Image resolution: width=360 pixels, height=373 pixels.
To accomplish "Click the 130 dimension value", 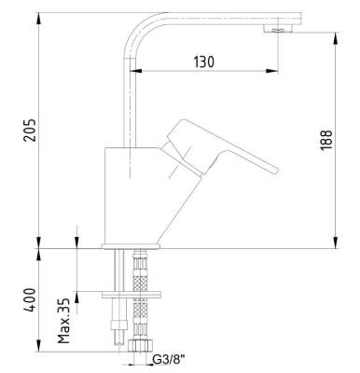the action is point(204,62).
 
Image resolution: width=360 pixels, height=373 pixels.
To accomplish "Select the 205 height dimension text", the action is point(30,130).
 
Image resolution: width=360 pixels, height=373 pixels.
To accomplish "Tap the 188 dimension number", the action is point(326,140).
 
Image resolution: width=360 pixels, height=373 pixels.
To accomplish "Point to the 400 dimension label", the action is point(30,299).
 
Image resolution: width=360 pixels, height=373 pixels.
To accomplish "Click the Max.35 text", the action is point(64,321).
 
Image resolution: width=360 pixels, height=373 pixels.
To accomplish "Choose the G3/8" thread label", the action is point(169,360).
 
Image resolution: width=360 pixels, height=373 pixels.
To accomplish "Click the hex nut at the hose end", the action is point(140,346).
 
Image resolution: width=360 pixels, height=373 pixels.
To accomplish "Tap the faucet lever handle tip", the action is point(275,170).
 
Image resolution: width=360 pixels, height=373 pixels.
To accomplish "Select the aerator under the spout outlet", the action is point(278,29).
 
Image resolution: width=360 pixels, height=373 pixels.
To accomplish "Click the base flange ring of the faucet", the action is point(131,246).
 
